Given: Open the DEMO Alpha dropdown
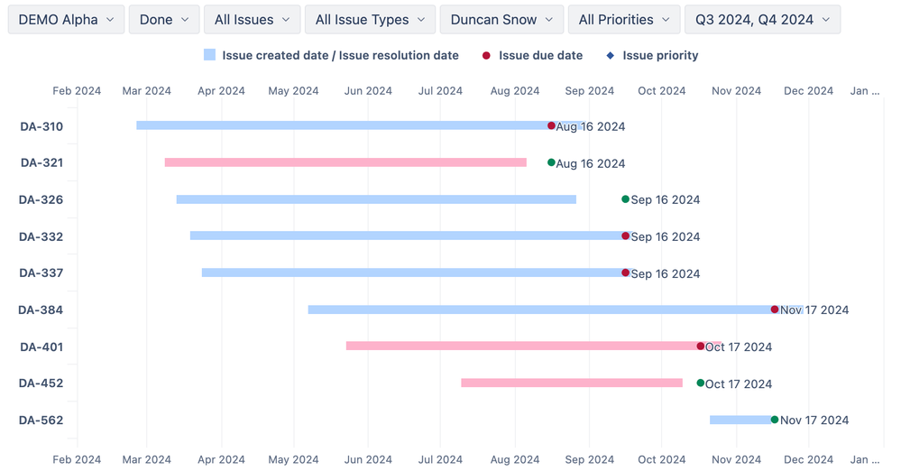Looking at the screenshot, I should click(x=66, y=19).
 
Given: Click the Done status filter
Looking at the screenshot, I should click(x=164, y=19).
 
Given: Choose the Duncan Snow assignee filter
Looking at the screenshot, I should click(x=501, y=19).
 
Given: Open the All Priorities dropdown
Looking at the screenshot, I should click(x=624, y=19).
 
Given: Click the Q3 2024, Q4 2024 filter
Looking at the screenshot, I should click(x=762, y=19).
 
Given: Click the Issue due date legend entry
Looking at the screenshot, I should click(x=531, y=55).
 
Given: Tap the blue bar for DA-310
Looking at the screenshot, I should click(x=343, y=125).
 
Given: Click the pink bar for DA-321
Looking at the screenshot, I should click(x=345, y=162).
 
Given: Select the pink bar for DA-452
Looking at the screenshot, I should click(x=572, y=383).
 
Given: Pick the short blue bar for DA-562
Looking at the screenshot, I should click(x=740, y=420).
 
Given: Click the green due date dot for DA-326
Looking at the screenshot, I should click(x=625, y=199).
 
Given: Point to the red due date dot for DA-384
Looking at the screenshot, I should click(x=775, y=309).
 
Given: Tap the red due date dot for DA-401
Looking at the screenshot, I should click(x=701, y=346).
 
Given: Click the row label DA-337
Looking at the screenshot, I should click(x=41, y=273).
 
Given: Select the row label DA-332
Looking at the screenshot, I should click(x=41, y=236).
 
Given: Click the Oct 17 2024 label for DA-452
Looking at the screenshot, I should click(x=739, y=383).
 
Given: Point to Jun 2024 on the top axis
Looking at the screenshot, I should click(x=368, y=90).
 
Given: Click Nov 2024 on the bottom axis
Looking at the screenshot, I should click(x=736, y=459).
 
